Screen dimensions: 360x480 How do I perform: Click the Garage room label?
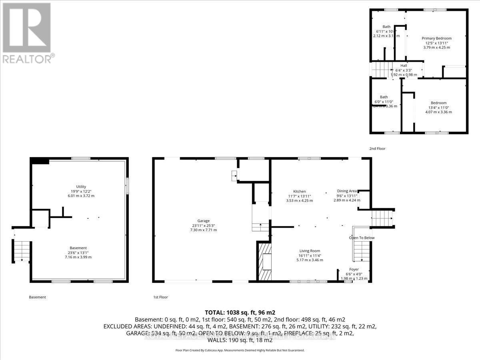point(204,220)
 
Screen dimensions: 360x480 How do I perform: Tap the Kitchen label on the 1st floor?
point(299,192)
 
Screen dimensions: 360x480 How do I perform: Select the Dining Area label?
point(347,191)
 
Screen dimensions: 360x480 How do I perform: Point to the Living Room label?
point(309,251)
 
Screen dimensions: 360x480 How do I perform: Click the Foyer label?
point(354,269)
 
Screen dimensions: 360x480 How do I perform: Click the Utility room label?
point(81,186)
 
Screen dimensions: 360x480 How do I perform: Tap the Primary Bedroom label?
point(436,38)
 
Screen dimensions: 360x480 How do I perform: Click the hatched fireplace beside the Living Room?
point(264,262)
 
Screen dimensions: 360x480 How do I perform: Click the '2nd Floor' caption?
point(377,148)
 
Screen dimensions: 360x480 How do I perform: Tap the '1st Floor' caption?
point(160,297)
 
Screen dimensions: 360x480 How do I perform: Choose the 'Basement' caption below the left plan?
point(38,297)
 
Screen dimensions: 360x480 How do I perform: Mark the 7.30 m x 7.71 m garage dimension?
point(204,230)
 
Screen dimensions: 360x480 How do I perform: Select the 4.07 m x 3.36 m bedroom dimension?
point(438,112)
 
